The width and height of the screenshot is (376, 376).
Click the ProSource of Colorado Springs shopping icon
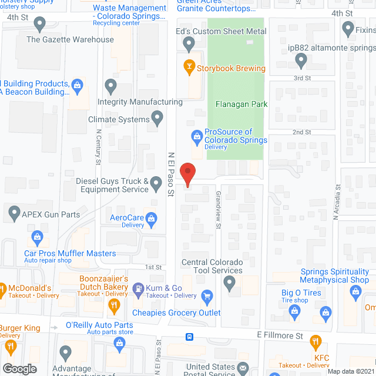pos(197,137)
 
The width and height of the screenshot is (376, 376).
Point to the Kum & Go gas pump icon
pos(137,288)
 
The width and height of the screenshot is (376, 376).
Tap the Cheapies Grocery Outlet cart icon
pos(206,296)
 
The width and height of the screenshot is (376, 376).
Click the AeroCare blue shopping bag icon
pos(152,219)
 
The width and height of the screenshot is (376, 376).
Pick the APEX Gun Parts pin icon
pos(14,212)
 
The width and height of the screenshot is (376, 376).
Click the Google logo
pos(20,368)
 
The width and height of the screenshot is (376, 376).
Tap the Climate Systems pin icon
pos(157,119)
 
